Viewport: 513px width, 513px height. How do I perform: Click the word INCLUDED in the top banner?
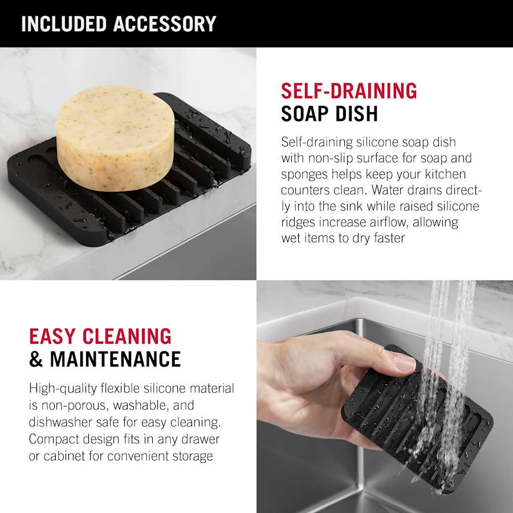pos(64,23)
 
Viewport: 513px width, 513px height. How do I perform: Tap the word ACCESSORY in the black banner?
pos(165,23)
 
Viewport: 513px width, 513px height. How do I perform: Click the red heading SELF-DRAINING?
pos(349,91)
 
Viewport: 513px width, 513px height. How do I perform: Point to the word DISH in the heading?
pos(352,113)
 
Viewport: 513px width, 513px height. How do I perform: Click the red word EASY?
pos(52,336)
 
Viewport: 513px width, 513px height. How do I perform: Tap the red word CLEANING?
pos(127,336)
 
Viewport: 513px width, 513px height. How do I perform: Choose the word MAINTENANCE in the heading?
pos(115,359)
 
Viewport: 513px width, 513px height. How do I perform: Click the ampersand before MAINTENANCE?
pos(36,359)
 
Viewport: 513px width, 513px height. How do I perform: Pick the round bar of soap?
pos(115,138)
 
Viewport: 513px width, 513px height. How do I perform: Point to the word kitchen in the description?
pos(445,174)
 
